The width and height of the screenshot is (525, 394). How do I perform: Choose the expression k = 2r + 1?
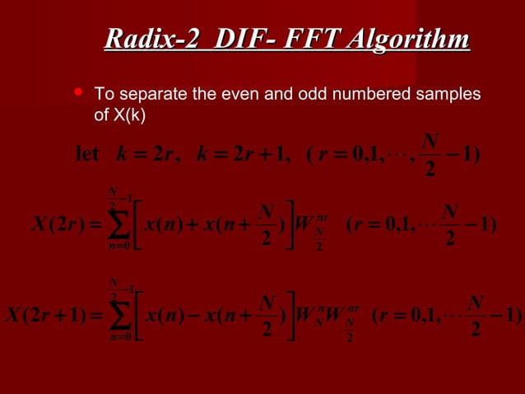239,154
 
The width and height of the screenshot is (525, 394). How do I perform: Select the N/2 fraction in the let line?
429,153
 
